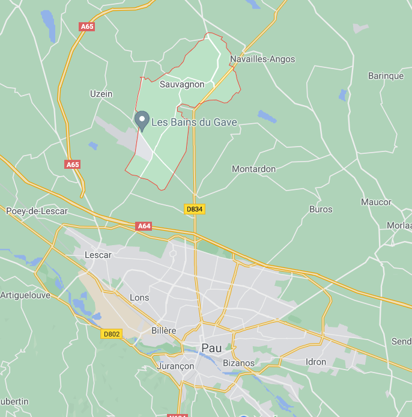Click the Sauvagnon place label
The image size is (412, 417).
182,85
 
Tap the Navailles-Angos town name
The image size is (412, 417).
262,59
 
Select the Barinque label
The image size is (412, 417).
386,76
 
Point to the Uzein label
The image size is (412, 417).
101,94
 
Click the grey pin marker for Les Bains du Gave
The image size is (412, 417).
142,120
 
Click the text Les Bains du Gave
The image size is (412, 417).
194,123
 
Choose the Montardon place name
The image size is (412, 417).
253,169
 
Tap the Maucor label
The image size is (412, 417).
376,202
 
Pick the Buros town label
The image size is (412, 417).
321,209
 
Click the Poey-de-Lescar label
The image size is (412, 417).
37,211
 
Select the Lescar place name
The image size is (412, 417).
98,255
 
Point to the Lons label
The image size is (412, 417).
139,297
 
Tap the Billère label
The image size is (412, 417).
164,330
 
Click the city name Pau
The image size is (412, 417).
211,348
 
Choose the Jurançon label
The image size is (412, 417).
175,366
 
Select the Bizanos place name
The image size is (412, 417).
238,363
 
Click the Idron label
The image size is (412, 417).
315,362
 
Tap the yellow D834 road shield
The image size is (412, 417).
194,208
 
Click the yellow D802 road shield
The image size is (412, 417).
112,333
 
